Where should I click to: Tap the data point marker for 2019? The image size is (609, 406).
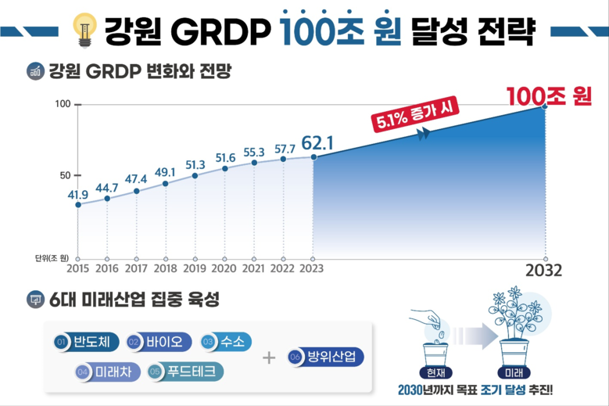pos(195,175)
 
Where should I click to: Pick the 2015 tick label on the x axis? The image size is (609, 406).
pos(77,268)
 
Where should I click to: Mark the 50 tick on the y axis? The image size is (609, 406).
pos(65,175)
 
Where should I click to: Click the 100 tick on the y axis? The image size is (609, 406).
pos(63,105)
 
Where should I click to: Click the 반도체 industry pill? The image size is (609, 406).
pos(85,342)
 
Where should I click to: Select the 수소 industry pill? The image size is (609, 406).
pos(226,342)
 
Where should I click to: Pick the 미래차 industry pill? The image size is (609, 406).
pos(107,371)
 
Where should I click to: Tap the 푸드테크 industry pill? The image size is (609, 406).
pos(185,371)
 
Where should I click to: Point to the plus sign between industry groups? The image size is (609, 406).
pos(269,357)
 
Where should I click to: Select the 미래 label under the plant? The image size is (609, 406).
pos(514,371)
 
